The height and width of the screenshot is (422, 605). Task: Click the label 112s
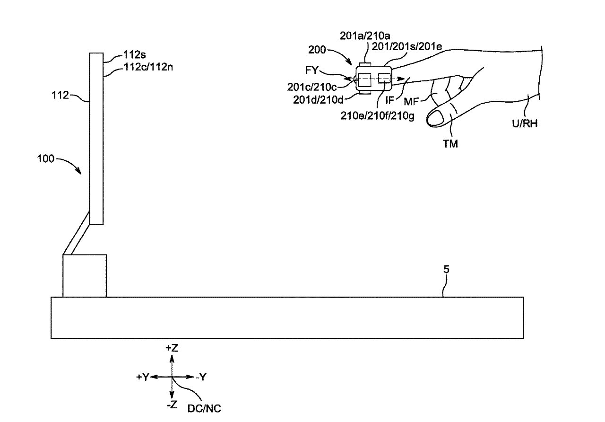134,55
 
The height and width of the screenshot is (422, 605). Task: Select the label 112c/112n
148,67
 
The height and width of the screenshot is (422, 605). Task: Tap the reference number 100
46,158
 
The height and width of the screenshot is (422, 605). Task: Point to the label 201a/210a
365,35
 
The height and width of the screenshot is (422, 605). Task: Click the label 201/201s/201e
407,47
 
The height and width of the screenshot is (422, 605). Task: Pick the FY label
311,70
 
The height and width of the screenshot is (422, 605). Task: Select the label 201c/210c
312,87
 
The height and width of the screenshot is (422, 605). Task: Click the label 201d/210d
318,100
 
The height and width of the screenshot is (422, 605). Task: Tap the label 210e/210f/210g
377,116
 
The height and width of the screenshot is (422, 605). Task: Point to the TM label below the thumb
450,144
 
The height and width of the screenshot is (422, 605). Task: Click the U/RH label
525,123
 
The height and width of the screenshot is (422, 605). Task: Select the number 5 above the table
446,269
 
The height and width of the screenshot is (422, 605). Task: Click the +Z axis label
172,348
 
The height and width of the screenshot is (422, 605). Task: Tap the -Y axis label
201,377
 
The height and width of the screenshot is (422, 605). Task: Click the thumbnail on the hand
436,118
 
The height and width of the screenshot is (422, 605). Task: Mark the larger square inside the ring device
364,80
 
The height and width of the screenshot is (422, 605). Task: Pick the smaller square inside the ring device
384,78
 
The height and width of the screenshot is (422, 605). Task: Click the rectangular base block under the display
85,276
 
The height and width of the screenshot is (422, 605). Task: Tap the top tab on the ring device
364,64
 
